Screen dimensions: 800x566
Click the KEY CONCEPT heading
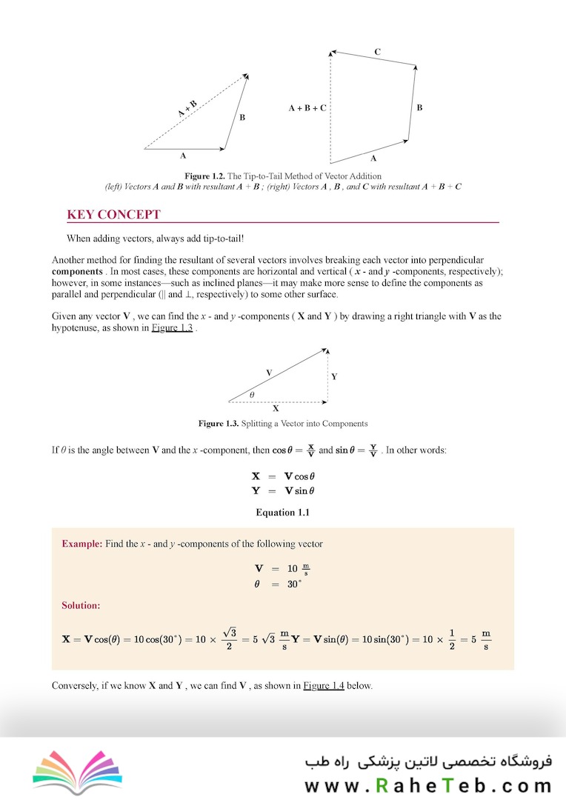tap(113, 215)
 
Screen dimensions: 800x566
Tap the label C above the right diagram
tap(378, 52)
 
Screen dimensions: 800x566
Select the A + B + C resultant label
tap(307, 108)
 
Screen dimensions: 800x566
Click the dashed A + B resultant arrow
tap(194, 112)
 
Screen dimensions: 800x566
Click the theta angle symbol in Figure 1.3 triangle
tap(252, 396)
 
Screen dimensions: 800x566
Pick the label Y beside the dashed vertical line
tap(334, 376)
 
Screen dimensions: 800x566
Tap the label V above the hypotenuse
tap(269, 372)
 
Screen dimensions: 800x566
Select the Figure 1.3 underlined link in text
tap(172, 328)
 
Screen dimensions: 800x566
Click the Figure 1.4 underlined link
tap(323, 685)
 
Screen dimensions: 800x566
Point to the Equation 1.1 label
tap(282, 513)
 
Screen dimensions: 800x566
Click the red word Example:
tap(81, 544)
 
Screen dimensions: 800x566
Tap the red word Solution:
tap(81, 605)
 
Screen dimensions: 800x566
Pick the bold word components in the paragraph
tap(77, 272)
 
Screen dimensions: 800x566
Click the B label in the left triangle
tap(242, 118)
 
